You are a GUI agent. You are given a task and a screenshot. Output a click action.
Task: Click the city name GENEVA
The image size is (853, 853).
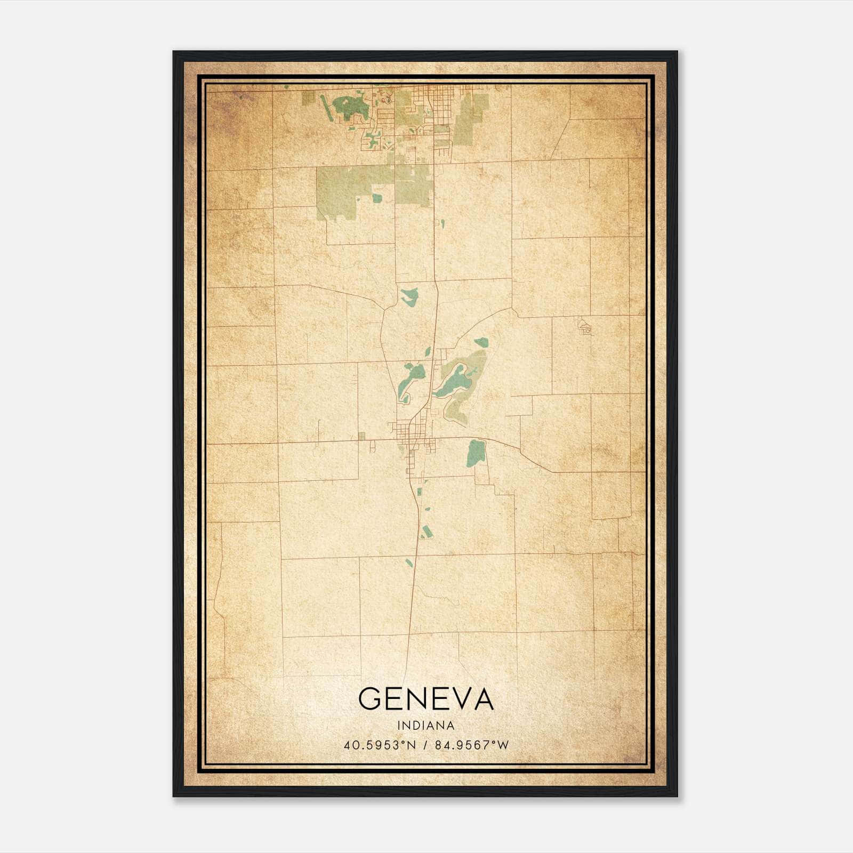425,698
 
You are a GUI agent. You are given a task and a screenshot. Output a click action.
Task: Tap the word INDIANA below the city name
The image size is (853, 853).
425,726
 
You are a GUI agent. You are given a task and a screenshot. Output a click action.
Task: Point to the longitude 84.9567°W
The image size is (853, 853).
472,745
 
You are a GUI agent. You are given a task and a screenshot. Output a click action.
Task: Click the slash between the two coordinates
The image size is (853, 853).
425,745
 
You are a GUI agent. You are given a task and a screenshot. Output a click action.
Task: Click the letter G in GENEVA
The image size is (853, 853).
371,698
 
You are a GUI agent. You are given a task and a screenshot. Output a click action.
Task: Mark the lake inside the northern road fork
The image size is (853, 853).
409,296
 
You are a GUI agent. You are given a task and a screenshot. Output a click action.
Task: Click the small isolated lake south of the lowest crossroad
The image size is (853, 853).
409,562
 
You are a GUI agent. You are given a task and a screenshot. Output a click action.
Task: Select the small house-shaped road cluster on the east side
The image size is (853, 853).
585,326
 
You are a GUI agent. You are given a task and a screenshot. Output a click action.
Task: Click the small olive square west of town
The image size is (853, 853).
362,436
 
